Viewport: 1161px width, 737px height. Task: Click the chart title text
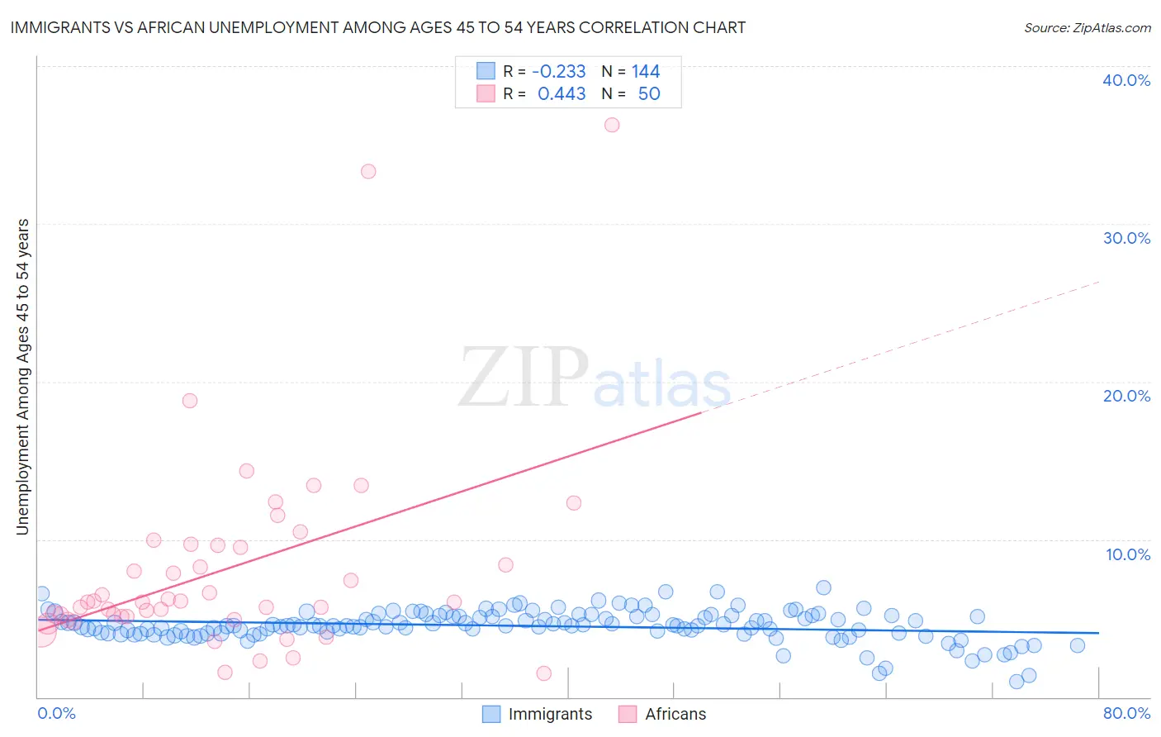378,27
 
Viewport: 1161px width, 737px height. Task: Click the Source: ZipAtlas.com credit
1087,27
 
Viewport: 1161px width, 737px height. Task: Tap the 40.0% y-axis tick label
1126,80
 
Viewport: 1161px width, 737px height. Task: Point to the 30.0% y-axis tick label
1126,238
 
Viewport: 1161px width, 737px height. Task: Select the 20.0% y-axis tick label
1126,396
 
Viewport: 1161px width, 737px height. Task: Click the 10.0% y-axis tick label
1126,554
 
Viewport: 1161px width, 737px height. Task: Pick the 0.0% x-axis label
56,713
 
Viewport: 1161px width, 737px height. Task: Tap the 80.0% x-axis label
1126,713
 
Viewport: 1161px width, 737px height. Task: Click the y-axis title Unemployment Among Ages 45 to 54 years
22,377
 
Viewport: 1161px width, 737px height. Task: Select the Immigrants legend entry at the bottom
538,714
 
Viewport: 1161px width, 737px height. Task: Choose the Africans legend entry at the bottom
662,714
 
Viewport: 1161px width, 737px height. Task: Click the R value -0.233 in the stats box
558,72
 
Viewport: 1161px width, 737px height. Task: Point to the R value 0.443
562,94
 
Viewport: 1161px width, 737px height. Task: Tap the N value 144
646,72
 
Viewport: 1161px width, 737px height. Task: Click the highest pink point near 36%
612,125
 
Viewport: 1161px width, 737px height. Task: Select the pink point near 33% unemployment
368,172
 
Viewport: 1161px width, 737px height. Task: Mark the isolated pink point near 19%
190,401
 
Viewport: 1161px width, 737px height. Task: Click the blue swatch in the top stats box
486,71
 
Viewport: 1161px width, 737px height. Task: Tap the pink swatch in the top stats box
486,93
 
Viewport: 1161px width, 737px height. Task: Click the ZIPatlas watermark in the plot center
595,378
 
